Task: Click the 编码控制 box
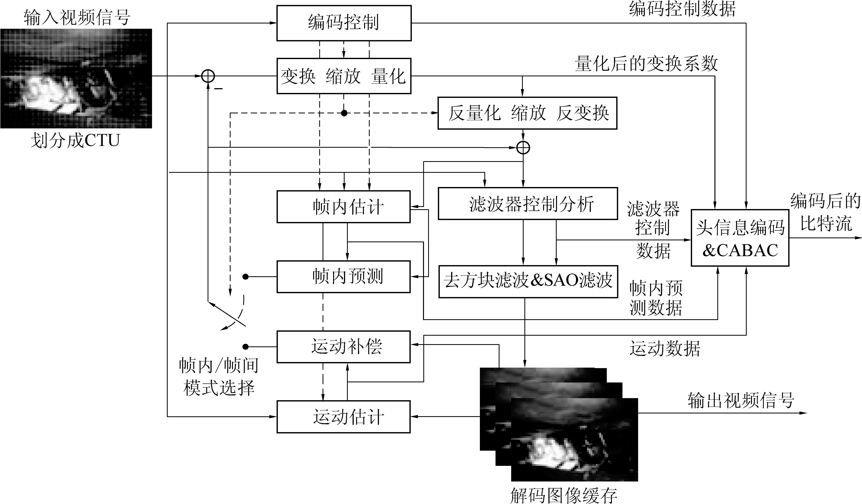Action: point(344,23)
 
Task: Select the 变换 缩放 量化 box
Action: point(344,76)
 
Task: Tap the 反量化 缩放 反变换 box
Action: point(527,113)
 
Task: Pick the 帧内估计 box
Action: point(343,207)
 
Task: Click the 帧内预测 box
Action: point(343,276)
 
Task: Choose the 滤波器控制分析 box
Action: point(528,204)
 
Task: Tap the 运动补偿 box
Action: point(343,347)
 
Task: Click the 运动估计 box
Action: point(343,417)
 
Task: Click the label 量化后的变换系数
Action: point(646,64)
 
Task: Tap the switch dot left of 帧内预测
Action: point(245,276)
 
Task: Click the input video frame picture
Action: point(76,78)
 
